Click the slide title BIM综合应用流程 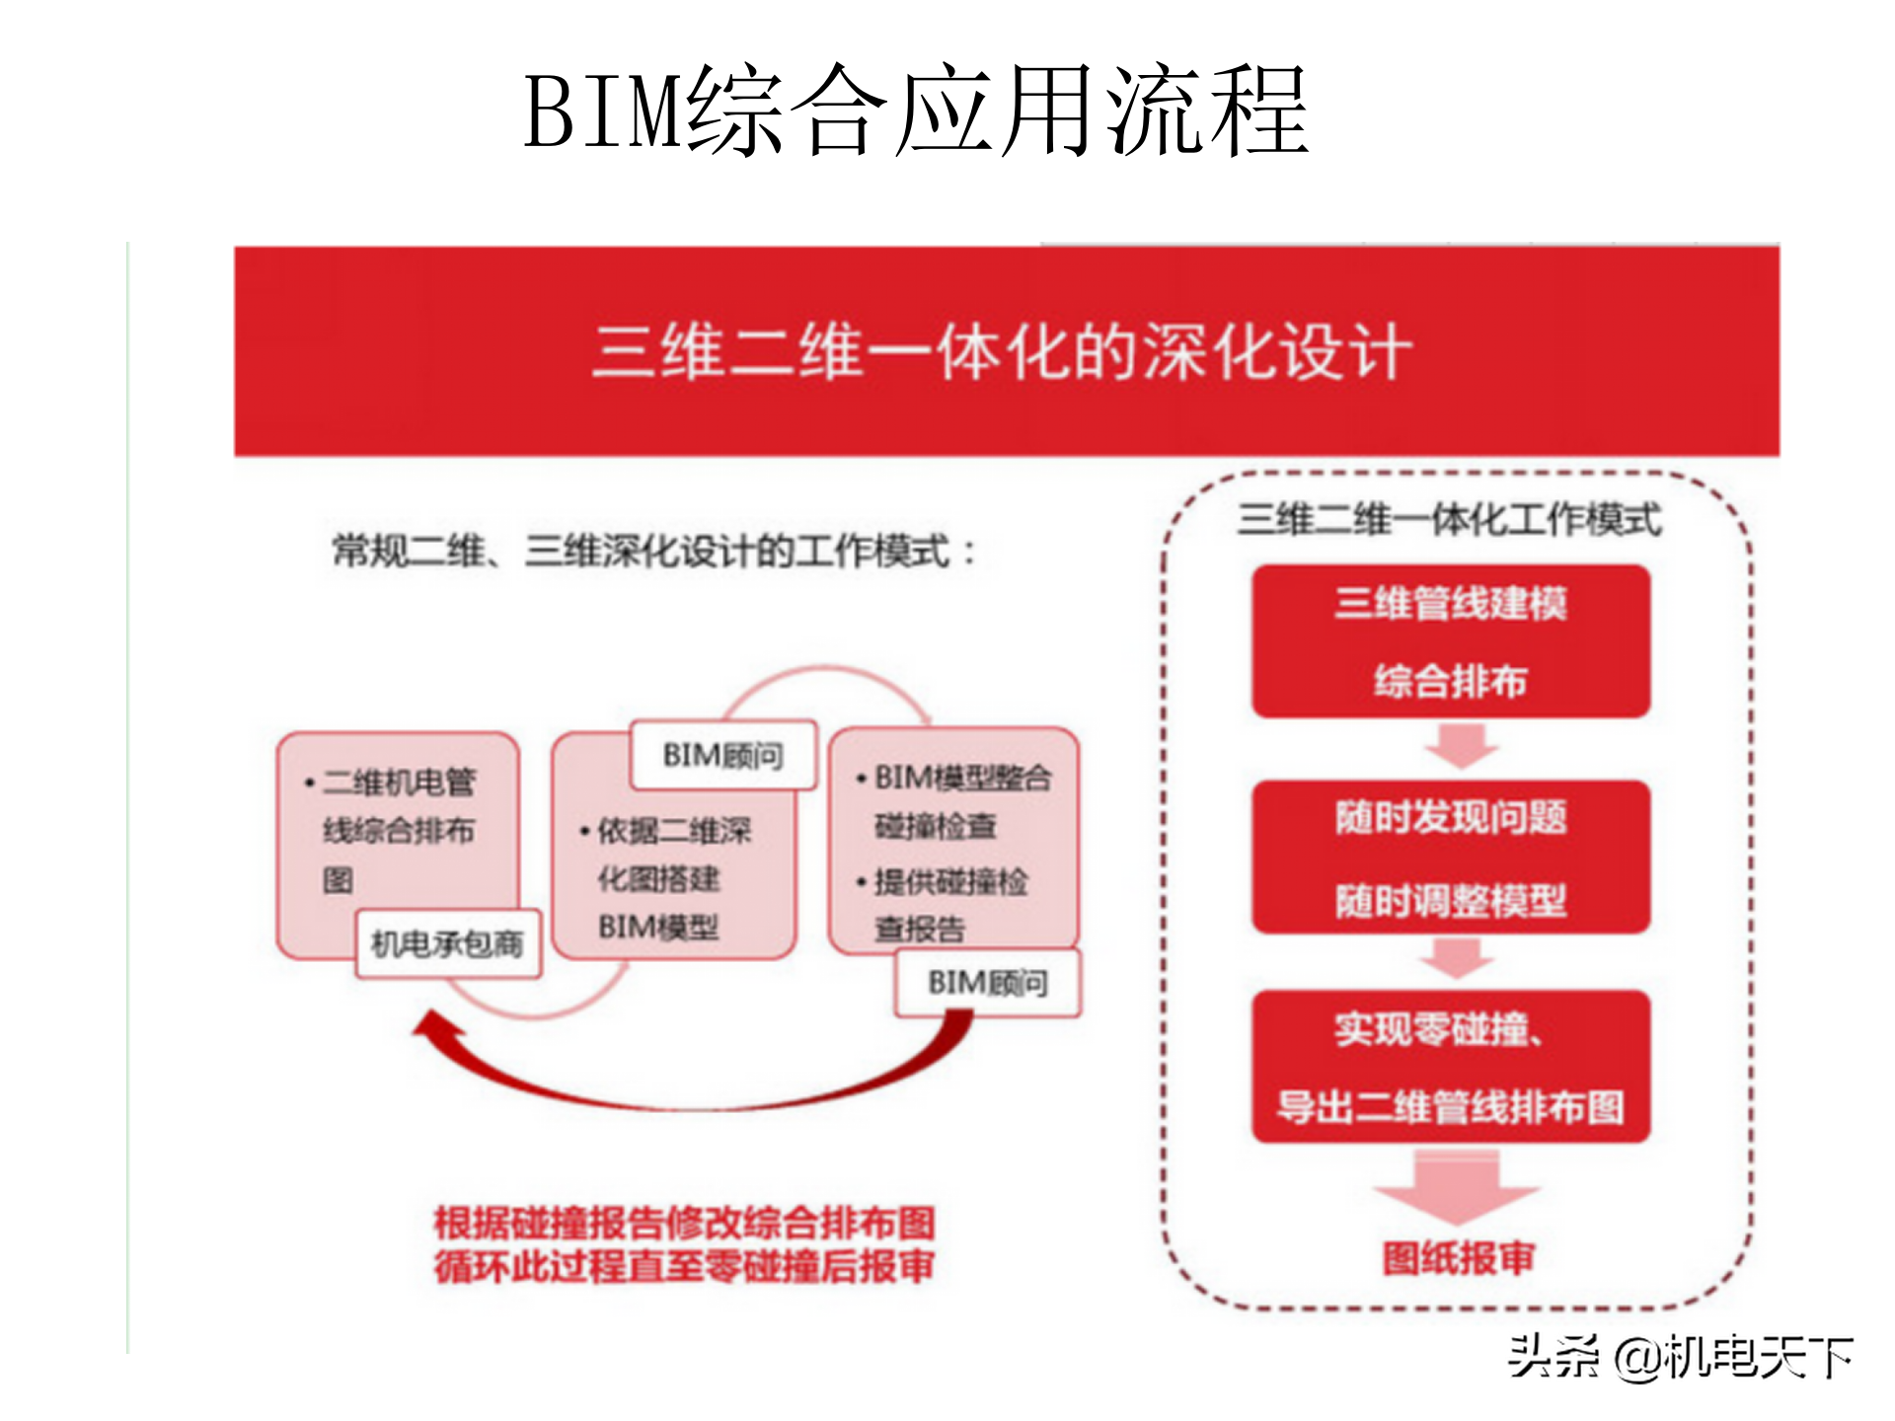click(916, 111)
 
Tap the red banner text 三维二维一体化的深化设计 click(1003, 351)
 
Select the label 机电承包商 click(447, 944)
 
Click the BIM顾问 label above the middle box click(723, 756)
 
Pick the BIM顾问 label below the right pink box click(988, 983)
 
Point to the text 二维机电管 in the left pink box click(400, 783)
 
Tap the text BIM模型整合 click(962, 778)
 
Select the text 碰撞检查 click(936, 826)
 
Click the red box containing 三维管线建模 click(1451, 641)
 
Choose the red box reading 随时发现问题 click(1451, 857)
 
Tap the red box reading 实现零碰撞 click(1451, 1068)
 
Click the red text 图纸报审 click(1459, 1258)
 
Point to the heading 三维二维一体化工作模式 click(1451, 519)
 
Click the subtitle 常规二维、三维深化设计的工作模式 click(651, 551)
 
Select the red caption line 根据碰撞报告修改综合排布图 click(684, 1224)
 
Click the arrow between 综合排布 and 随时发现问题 click(1462, 746)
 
